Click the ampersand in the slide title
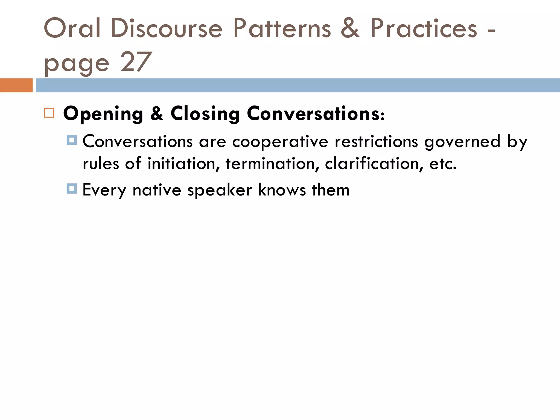350,28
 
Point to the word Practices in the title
424,28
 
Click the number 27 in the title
136,62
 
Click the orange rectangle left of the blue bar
16,85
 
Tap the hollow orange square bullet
49,113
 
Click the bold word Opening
103,114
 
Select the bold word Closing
205,114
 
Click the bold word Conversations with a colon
316,114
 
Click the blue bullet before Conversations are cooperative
72,140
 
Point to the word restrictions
376,142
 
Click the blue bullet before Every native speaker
72,189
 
